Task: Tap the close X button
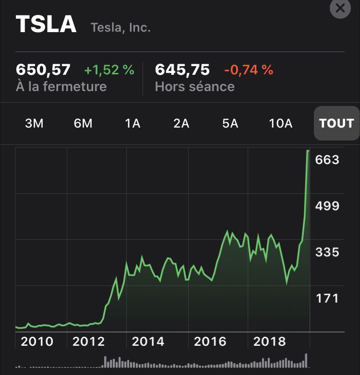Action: coord(340,8)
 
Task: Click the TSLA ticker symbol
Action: coord(46,24)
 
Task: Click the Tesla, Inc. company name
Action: coord(120,28)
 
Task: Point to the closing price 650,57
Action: coord(43,70)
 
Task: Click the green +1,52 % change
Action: coord(109,70)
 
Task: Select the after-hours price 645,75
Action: coord(182,70)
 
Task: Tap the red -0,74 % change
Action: coord(248,70)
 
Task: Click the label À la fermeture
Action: coord(61,87)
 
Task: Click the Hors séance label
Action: coord(194,87)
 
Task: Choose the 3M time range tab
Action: coord(34,123)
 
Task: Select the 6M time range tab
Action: coord(83,123)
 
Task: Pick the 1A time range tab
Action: coord(132,123)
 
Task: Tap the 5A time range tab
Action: coord(230,123)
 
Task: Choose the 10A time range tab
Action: coord(281,123)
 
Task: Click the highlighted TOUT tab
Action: coord(336,123)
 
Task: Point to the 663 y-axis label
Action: coord(327,160)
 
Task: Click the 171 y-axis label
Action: coord(327,299)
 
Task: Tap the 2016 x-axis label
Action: coord(210,342)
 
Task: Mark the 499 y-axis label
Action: coord(327,206)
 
